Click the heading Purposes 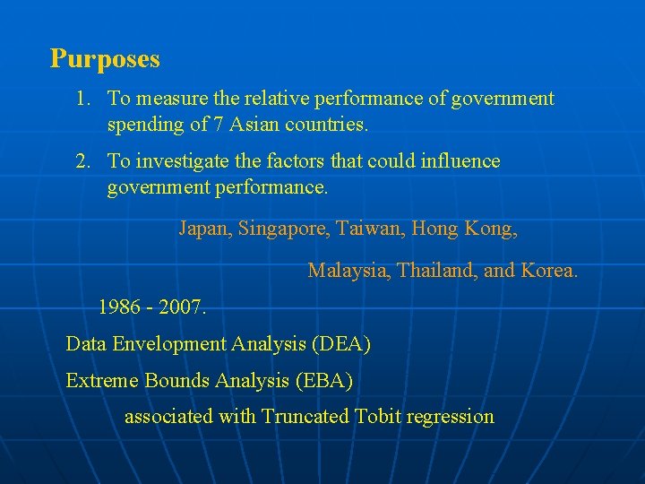105,59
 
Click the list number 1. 82,99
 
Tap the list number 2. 82,161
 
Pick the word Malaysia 348,270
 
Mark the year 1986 118,307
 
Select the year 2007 183,307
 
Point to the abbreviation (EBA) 323,380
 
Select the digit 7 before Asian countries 218,125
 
